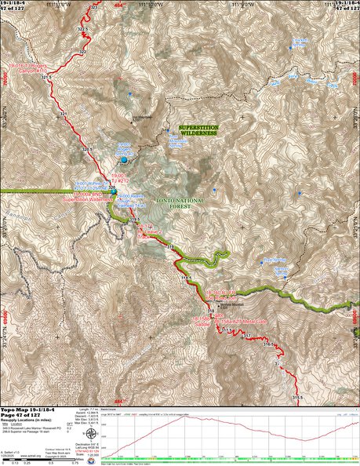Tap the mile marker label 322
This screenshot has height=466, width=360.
coord(83,53)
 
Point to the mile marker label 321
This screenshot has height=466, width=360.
coord(45,78)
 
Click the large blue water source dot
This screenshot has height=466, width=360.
coord(123,160)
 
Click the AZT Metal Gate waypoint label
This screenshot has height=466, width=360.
coord(238,322)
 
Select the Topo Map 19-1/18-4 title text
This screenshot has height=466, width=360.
coord(27,410)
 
